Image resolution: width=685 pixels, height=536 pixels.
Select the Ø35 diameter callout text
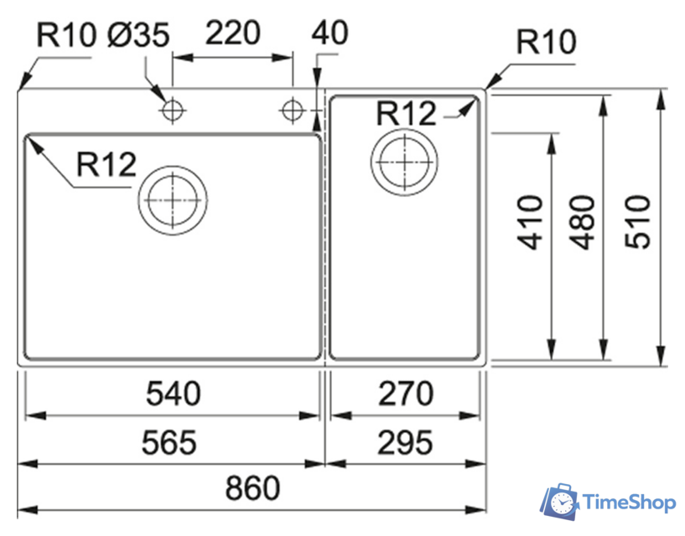tap(138, 35)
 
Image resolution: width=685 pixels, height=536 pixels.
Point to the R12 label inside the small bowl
tap(407, 113)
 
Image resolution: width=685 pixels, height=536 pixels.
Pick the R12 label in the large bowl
tap(106, 165)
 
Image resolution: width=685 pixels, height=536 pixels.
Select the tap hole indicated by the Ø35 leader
tap(173, 110)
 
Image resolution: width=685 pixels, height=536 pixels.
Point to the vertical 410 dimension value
tap(531, 222)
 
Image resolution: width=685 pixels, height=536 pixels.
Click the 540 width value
tap(174, 393)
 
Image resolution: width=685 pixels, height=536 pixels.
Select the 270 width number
tap(406, 393)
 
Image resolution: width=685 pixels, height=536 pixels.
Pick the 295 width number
tap(406, 441)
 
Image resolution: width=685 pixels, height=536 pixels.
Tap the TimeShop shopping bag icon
tap(559, 501)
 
